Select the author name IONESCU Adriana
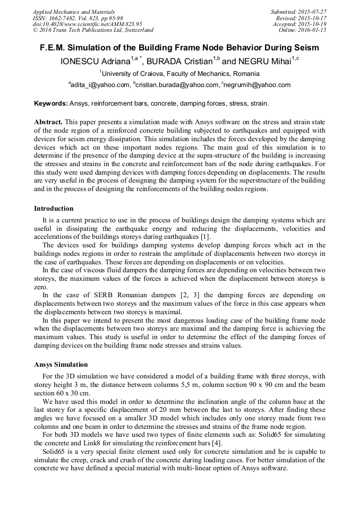click(97, 62)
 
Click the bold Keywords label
click(51, 103)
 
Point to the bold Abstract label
click(49, 122)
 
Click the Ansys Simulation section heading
click(61, 365)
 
